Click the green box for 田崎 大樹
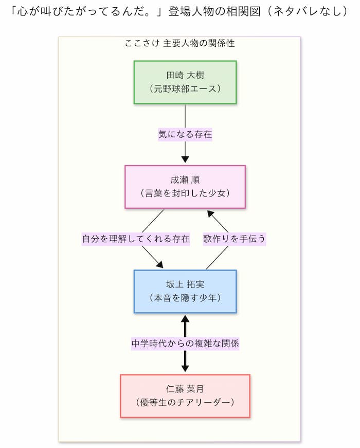[185, 82]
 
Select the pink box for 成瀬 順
[185, 187]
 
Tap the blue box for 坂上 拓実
[185, 291]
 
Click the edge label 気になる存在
[185, 135]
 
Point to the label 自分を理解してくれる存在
[136, 239]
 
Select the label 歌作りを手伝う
[234, 239]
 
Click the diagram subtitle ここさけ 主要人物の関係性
[179, 44]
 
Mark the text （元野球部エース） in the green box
[185, 88]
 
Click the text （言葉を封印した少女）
[185, 193]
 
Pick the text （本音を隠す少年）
[185, 298]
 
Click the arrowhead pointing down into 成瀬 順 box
[185, 160]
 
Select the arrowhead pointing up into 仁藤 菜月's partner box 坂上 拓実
[185, 318]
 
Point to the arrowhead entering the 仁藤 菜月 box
[185, 369]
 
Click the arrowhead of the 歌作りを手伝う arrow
[210, 212]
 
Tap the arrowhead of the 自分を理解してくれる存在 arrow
[159, 265]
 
